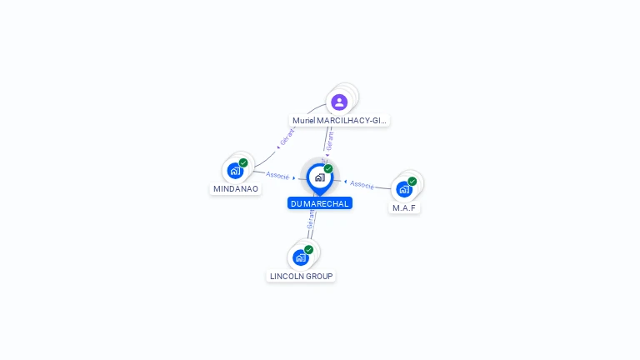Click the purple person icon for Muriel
pos(338,102)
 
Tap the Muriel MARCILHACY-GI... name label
pos(340,120)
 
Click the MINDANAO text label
pos(236,189)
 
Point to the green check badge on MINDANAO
pos(243,163)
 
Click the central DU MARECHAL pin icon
pos(318,177)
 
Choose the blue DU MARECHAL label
pos(320,203)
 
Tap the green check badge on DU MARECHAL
pos(328,169)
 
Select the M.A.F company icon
pos(403,189)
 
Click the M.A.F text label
pos(404,207)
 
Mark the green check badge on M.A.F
pos(412,181)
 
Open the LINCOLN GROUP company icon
pos(300,257)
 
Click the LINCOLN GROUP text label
pos(301,276)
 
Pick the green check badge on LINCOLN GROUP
pos(308,250)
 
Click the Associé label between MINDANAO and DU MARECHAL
pos(277,176)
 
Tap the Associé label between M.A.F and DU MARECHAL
pos(362,184)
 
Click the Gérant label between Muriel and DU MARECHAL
pos(330,143)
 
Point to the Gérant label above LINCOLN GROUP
pos(311,219)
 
